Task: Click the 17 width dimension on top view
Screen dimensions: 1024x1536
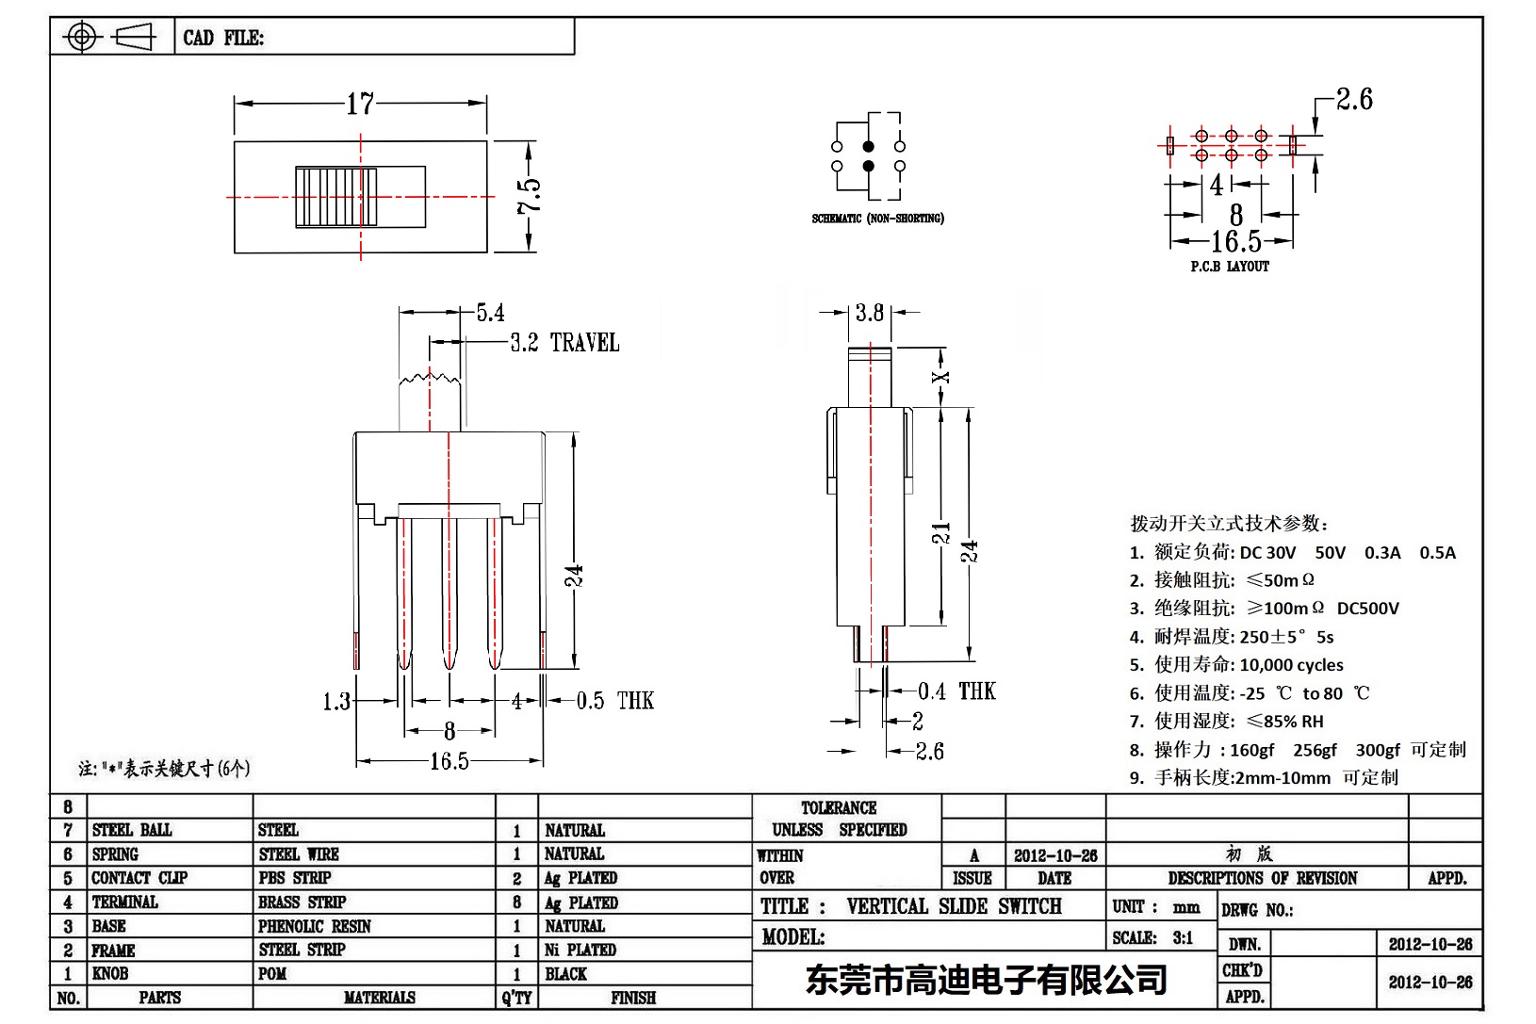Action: pyautogui.click(x=360, y=104)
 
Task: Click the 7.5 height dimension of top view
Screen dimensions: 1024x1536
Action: pyautogui.click(x=530, y=196)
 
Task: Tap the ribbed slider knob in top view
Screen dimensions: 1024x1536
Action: pyautogui.click(x=336, y=197)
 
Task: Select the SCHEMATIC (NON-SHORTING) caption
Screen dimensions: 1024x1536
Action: pyautogui.click(x=877, y=219)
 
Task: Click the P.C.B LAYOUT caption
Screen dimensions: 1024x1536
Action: pyautogui.click(x=1230, y=267)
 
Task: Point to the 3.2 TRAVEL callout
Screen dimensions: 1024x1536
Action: pyautogui.click(x=564, y=343)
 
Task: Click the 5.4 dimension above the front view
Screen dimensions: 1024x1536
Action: pyautogui.click(x=490, y=313)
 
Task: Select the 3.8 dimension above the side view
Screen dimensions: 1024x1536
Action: pyautogui.click(x=870, y=313)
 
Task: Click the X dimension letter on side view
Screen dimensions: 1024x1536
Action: pyautogui.click(x=940, y=378)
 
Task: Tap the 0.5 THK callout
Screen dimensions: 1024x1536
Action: pyautogui.click(x=614, y=701)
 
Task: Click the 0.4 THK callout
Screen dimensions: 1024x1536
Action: pyautogui.click(x=956, y=691)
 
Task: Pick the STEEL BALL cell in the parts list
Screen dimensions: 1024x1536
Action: pyautogui.click(x=132, y=830)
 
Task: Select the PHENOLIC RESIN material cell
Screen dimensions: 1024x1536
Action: pyautogui.click(x=315, y=926)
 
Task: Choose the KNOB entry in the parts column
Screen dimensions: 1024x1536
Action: pyautogui.click(x=110, y=973)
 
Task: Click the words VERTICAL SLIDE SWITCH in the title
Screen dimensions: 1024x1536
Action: pyautogui.click(x=954, y=906)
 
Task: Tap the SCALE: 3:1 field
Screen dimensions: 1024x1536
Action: pyautogui.click(x=1152, y=937)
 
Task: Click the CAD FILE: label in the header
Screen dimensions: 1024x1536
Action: pyautogui.click(x=223, y=38)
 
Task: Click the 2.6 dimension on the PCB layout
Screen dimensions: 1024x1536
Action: pyautogui.click(x=1354, y=99)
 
